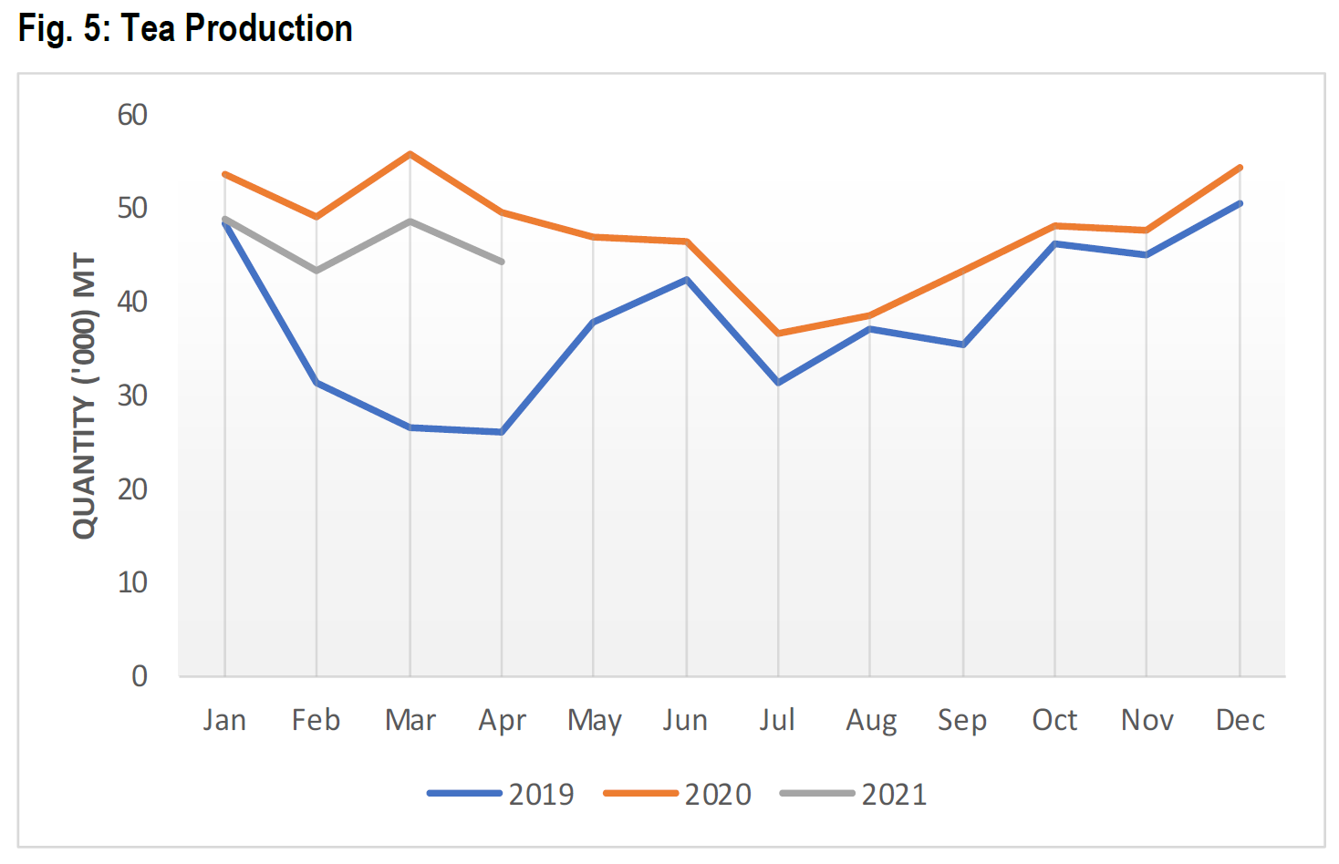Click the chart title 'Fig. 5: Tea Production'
(185, 29)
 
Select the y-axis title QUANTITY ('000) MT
(84, 396)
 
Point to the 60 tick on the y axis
(132, 115)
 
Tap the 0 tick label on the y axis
(139, 676)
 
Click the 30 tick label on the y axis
(132, 396)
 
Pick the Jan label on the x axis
(224, 720)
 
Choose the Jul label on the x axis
(777, 720)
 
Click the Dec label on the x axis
(1240, 720)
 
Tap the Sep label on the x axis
(962, 720)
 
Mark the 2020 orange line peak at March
(410, 154)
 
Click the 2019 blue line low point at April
(502, 432)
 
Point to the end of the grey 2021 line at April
(502, 262)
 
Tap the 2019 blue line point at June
(686, 280)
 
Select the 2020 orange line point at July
(778, 334)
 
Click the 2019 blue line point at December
(1240, 203)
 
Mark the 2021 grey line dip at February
(317, 271)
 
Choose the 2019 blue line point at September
(962, 345)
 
